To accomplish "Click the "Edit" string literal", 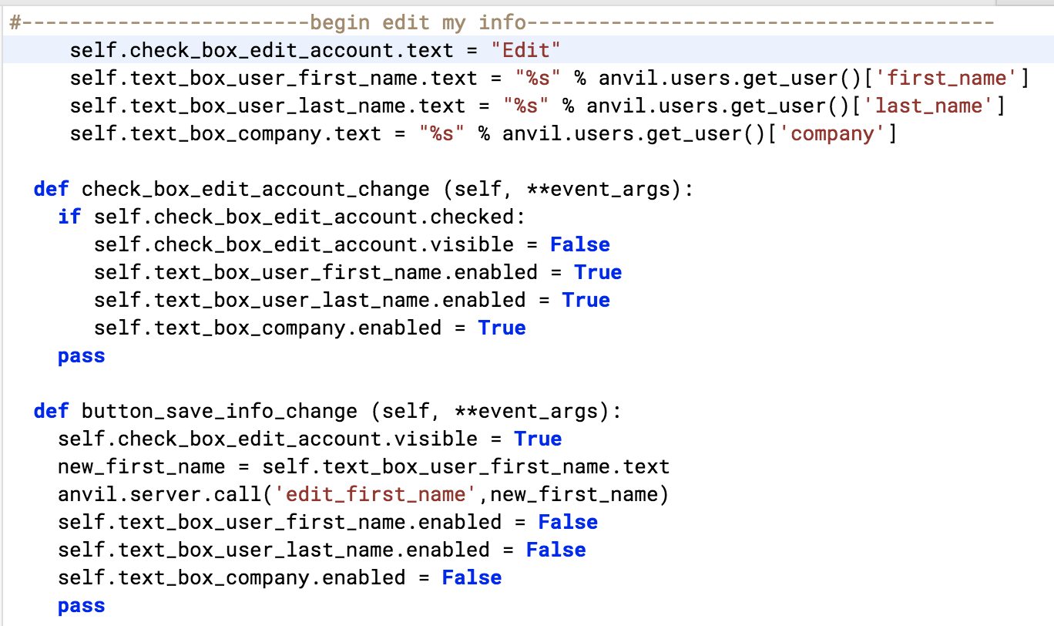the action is click(x=525, y=50).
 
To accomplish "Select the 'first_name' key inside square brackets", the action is click(x=947, y=78).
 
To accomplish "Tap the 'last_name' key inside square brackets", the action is click(x=928, y=106).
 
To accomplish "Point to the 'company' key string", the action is click(x=832, y=134).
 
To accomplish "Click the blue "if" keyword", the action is click(x=69, y=217).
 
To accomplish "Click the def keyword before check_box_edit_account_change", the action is click(x=52, y=189).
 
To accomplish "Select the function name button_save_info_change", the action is click(x=220, y=412).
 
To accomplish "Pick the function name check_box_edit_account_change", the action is click(x=256, y=189).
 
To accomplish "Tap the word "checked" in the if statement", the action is click(x=472, y=217).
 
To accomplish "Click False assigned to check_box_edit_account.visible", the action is click(x=580, y=244).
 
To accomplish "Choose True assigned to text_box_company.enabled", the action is click(x=502, y=328).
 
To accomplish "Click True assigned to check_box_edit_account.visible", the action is click(x=538, y=439).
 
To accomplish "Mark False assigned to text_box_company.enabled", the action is click(x=472, y=577).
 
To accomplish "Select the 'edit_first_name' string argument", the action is click(x=375, y=494).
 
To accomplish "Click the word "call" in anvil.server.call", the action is click(x=237, y=494).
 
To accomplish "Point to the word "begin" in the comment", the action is click(x=340, y=22).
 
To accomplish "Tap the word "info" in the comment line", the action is click(x=502, y=22).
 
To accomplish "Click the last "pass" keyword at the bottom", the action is click(x=82, y=606).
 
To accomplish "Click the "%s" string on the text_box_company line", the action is click(x=441, y=133).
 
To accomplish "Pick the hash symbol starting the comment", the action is click(x=15, y=22).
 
